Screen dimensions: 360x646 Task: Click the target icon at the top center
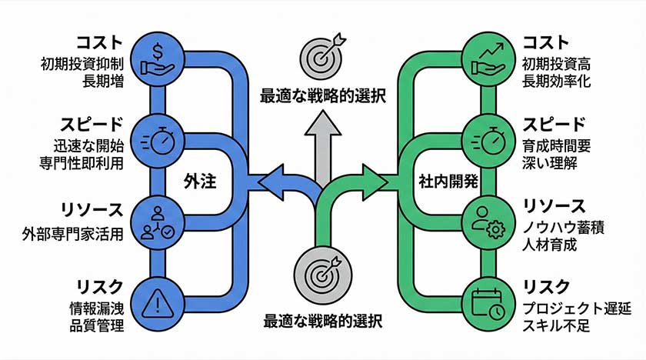[x=322, y=55]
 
